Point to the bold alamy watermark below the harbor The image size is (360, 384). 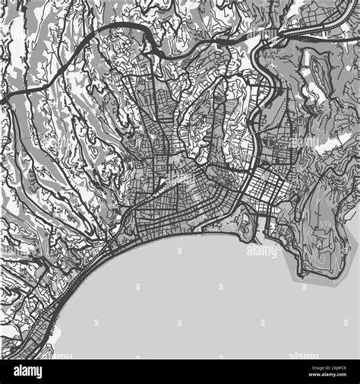click(262, 249)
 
